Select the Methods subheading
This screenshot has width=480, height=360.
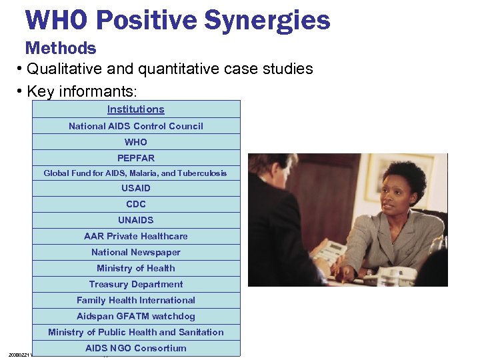61,48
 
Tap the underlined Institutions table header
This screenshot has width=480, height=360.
136,109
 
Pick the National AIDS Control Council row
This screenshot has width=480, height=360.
136,126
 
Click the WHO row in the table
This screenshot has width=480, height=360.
136,142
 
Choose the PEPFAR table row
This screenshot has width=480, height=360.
136,158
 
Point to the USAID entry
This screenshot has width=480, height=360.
136,188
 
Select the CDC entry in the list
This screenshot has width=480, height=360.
136,204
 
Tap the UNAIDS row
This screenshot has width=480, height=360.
136,220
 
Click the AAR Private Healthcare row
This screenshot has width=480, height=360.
136,236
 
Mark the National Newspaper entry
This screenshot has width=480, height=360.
136,252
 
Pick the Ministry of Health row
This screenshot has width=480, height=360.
136,268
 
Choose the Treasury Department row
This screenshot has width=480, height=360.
136,284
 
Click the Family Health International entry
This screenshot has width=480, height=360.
136,300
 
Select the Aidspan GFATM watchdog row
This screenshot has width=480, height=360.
136,316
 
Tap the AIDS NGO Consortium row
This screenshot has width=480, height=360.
136,348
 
